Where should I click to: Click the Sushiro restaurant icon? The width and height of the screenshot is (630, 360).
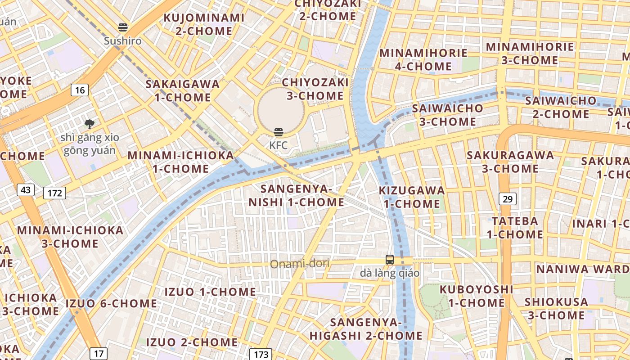pyautogui.click(x=123, y=27)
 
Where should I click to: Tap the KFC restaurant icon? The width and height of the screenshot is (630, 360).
pyautogui.click(x=279, y=132)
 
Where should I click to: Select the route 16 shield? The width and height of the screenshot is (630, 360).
pyautogui.click(x=80, y=90)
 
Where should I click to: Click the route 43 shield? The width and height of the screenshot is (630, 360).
pyautogui.click(x=26, y=190)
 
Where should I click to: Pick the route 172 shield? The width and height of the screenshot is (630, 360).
pyautogui.click(x=55, y=193)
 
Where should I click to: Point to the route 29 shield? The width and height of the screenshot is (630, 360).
pyautogui.click(x=507, y=199)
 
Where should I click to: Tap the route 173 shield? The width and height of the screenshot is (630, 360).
pyautogui.click(x=261, y=354)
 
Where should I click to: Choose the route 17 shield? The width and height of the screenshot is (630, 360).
pyautogui.click(x=99, y=353)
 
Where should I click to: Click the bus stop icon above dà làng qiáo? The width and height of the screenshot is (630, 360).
pyautogui.click(x=390, y=260)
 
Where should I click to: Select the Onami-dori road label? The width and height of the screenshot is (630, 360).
pyautogui.click(x=300, y=264)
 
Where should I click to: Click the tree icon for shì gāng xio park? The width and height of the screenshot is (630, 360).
pyautogui.click(x=90, y=124)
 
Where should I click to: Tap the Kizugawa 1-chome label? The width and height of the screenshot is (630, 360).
pyautogui.click(x=412, y=197)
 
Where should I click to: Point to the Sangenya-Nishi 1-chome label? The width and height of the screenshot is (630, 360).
pyautogui.click(x=297, y=195)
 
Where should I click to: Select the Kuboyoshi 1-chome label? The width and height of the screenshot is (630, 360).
pyautogui.click(x=477, y=296)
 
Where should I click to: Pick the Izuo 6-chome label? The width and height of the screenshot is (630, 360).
pyautogui.click(x=112, y=303)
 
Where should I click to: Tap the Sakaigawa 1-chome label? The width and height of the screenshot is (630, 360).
pyautogui.click(x=182, y=90)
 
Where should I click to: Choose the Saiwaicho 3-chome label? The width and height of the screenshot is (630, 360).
pyautogui.click(x=448, y=115)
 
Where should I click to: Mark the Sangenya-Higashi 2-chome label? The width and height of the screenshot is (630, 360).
pyautogui.click(x=366, y=329)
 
